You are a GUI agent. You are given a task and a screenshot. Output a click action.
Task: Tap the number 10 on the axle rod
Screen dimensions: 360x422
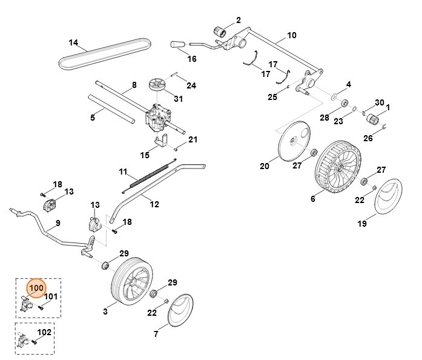291,35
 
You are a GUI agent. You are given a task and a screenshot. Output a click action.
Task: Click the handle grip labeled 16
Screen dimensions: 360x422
177,45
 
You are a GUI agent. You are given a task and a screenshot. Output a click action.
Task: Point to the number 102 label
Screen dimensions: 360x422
45,333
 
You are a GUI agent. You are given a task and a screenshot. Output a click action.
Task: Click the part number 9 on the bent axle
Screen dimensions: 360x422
58,223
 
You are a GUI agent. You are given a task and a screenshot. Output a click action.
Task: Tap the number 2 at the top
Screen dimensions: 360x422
238,20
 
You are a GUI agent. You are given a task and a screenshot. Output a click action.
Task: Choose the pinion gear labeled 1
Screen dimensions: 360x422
370,118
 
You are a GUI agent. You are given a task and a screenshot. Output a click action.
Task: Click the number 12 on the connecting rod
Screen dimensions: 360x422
154,204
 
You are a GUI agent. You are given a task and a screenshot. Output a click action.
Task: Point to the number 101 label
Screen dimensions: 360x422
51,297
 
